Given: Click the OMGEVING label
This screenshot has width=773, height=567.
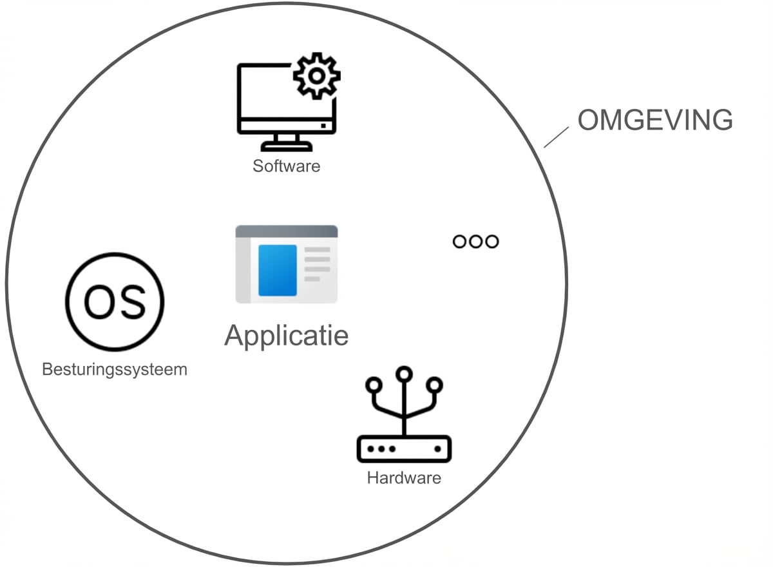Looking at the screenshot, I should (654, 120).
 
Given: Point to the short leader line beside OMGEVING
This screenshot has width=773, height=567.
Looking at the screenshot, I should (556, 137).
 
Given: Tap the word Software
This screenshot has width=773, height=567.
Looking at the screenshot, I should (286, 166).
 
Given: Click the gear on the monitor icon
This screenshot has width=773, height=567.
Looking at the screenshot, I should (316, 76).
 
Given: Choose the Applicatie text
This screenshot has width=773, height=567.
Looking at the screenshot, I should (286, 335).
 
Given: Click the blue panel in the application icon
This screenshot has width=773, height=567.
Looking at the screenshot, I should (277, 270).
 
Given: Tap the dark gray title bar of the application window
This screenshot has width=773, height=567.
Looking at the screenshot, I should (286, 231).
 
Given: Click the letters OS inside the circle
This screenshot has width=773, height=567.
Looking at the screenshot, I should (115, 302).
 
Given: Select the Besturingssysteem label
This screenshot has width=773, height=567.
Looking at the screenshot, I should (115, 370).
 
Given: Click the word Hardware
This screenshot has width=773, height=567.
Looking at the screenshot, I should (404, 478).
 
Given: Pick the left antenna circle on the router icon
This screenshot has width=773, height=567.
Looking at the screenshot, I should (373, 385).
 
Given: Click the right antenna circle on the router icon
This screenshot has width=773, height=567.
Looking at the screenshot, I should (435, 385).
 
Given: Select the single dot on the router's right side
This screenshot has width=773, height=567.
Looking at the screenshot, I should (438, 448).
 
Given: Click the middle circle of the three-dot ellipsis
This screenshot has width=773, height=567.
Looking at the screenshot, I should (476, 242).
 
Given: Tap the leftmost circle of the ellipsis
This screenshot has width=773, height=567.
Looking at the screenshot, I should (460, 242).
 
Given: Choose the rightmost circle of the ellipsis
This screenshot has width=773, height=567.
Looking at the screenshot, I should (492, 242).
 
